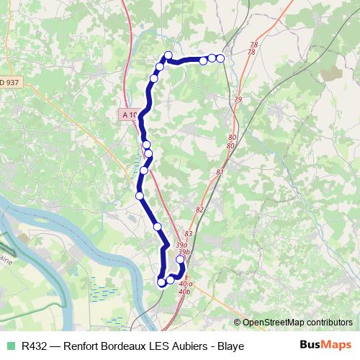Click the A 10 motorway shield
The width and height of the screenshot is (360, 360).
click(130, 114)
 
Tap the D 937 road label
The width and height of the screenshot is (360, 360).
click(10, 82)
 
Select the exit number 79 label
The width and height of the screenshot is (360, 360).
click(238, 99)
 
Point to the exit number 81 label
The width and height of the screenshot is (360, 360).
click(220, 172)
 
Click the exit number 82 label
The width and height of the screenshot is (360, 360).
click(200, 210)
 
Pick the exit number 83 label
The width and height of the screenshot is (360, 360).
click(189, 234)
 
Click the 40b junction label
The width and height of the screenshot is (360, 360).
click(184, 292)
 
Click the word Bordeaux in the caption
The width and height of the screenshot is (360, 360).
click(125, 346)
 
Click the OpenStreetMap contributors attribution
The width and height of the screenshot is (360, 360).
click(297, 323)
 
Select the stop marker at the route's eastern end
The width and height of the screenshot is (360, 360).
click(220, 58)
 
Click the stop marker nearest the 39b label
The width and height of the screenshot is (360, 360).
click(180, 260)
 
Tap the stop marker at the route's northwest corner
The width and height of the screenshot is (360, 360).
click(168, 55)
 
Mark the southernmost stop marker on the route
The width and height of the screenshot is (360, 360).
click(162, 283)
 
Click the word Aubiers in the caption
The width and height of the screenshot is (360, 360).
click(190, 346)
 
